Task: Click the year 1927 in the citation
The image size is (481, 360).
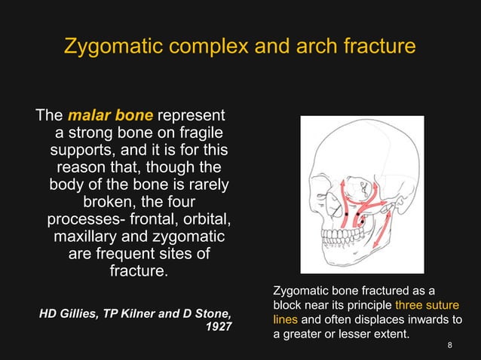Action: tap(219, 328)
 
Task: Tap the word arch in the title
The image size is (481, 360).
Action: tap(321, 46)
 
